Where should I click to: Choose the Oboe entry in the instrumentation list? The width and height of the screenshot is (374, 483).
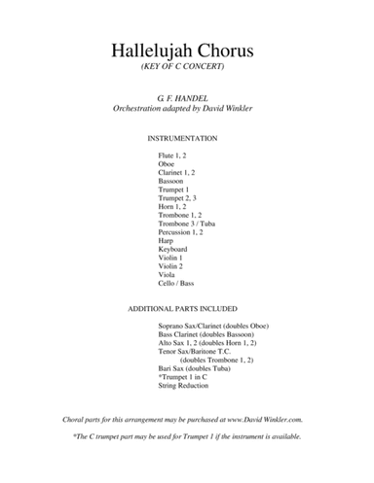[168, 163]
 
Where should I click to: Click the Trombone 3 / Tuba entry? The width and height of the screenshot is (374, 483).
[187, 223]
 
